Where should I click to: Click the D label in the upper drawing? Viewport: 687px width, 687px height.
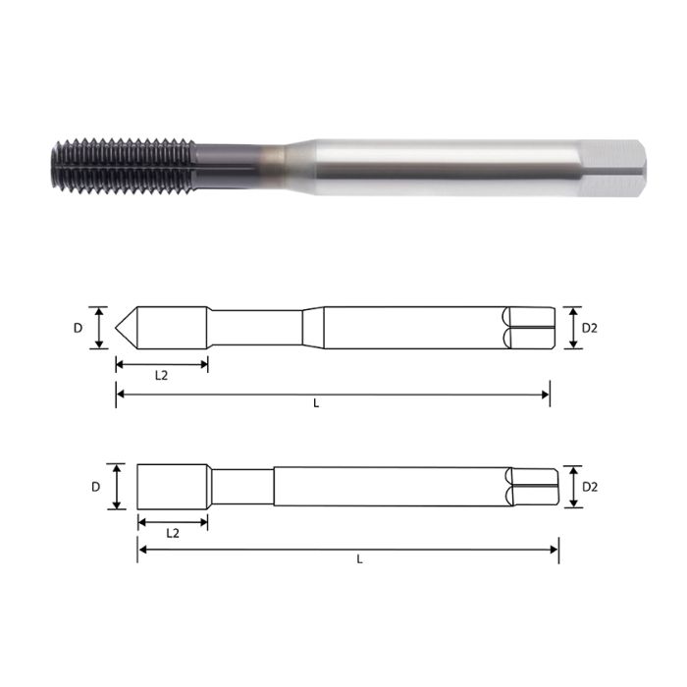click(x=79, y=328)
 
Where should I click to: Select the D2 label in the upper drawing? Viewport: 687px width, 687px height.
click(x=589, y=328)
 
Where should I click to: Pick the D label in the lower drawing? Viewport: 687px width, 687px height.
click(x=96, y=486)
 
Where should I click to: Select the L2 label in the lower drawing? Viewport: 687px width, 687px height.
click(x=172, y=533)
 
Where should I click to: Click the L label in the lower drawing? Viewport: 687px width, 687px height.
click(x=359, y=559)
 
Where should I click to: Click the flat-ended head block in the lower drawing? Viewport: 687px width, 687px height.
click(x=172, y=486)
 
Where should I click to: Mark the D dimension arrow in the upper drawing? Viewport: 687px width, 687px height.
click(x=98, y=328)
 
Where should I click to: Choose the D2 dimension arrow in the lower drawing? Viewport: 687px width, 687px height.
click(x=570, y=486)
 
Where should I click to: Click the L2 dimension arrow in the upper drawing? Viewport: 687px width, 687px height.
click(x=161, y=364)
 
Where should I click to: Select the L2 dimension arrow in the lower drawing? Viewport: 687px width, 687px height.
click(x=172, y=520)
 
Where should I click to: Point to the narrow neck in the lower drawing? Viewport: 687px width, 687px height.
click(x=240, y=486)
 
